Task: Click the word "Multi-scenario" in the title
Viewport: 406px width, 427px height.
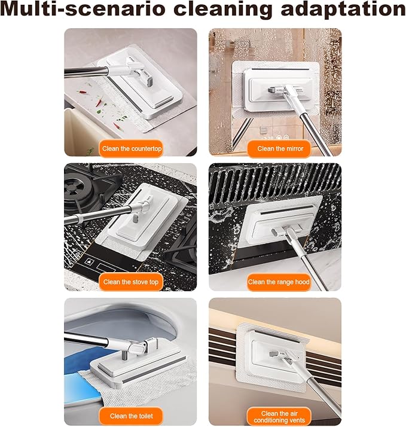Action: click(84, 9)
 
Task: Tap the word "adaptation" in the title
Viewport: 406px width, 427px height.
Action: click(343, 10)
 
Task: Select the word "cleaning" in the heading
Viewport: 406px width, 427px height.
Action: click(223, 10)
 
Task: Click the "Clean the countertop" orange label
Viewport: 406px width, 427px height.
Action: click(132, 148)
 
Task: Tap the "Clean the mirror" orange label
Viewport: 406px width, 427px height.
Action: click(279, 149)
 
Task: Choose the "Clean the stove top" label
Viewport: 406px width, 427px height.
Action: click(131, 282)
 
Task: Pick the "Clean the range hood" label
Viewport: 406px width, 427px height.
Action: click(279, 282)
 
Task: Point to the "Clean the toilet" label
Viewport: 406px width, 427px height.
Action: click(131, 416)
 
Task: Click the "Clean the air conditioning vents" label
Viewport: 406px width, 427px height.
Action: click(279, 417)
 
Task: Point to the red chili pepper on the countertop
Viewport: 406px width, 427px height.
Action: click(99, 102)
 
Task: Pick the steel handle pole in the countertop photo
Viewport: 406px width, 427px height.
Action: click(87, 72)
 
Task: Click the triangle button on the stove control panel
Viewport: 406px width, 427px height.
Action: click(89, 262)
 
